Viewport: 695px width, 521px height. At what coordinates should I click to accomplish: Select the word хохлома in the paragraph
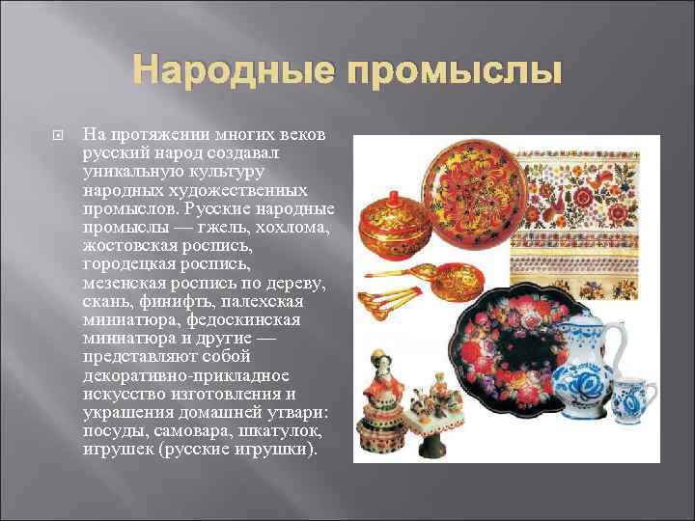[x=294, y=227]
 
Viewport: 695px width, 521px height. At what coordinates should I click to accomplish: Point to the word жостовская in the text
[x=134, y=244]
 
